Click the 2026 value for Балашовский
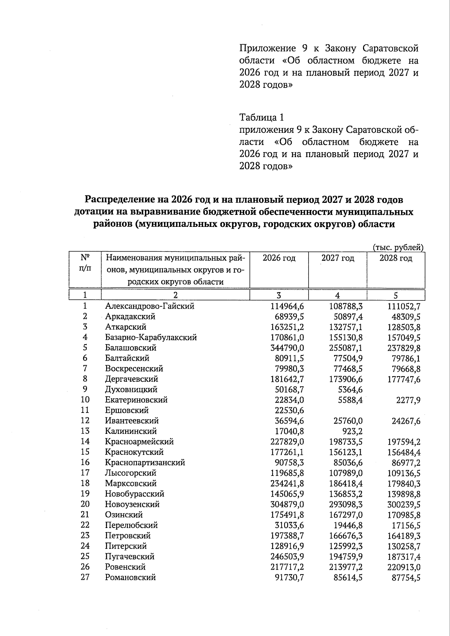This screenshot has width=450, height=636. click(287, 348)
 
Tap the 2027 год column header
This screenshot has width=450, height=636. click(337, 258)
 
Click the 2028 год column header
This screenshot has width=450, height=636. click(396, 258)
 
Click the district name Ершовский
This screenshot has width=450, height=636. click(127, 410)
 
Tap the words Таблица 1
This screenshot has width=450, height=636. click(261, 117)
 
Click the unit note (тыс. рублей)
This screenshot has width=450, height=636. click(398, 247)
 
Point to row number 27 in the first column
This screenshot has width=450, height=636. click(85, 577)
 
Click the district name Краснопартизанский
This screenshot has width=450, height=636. click(145, 462)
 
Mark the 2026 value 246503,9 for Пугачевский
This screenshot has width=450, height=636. click(287, 556)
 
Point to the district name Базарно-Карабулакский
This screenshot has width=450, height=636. click(151, 337)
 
